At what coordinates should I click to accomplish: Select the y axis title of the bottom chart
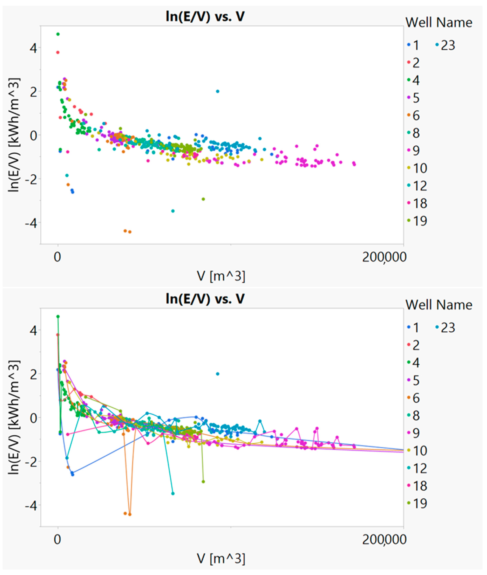coord(14,417)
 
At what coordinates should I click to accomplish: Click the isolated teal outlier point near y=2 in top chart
coord(218,91)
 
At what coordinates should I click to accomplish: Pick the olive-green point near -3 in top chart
coord(203,199)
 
